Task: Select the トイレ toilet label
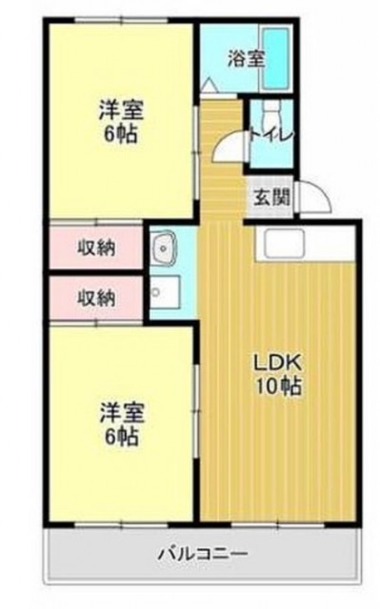(271, 136)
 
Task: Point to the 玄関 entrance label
(272, 197)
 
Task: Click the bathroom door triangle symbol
(209, 86)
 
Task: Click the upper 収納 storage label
(96, 248)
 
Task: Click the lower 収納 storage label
(96, 298)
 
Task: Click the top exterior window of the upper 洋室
(122, 19)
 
